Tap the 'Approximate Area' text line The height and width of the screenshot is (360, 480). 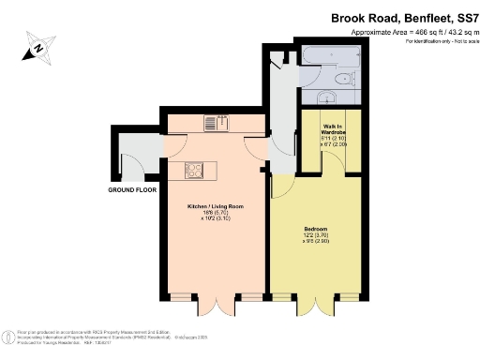(409, 32)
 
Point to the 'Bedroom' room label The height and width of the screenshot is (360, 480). (316, 228)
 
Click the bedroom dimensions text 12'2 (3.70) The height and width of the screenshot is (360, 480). (316, 234)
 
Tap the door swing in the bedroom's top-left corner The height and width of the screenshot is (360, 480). (283, 185)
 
